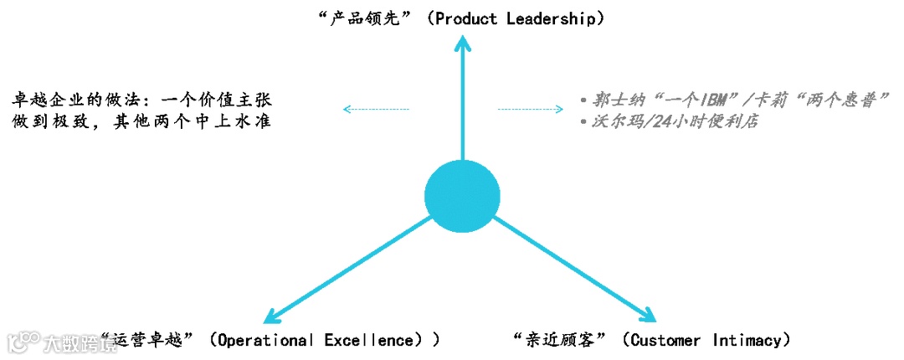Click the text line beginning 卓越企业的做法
pos(141,100)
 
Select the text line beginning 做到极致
pos(141,121)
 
